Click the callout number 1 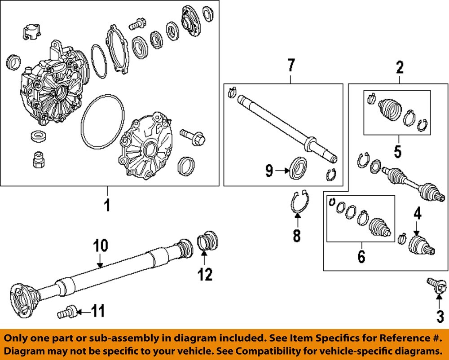[x=107, y=206]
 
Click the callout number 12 [x=205, y=274]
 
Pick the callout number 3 [x=439, y=316]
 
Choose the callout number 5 [x=397, y=151]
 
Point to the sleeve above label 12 [x=207, y=241]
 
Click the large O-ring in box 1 [x=103, y=122]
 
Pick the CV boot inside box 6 [x=379, y=226]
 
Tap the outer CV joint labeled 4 [x=421, y=246]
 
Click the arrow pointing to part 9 [x=282, y=170]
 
